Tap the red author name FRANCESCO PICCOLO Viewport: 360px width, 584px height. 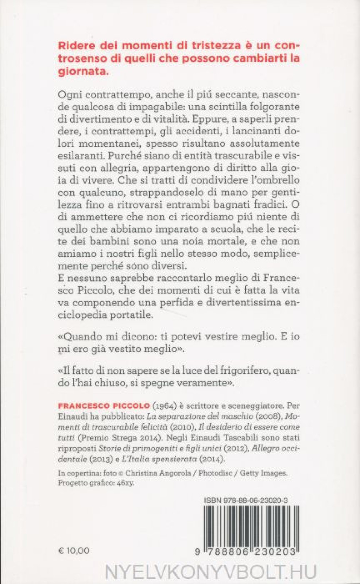(104, 406)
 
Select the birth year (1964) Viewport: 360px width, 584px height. (162, 406)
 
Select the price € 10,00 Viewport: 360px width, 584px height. (74, 551)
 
